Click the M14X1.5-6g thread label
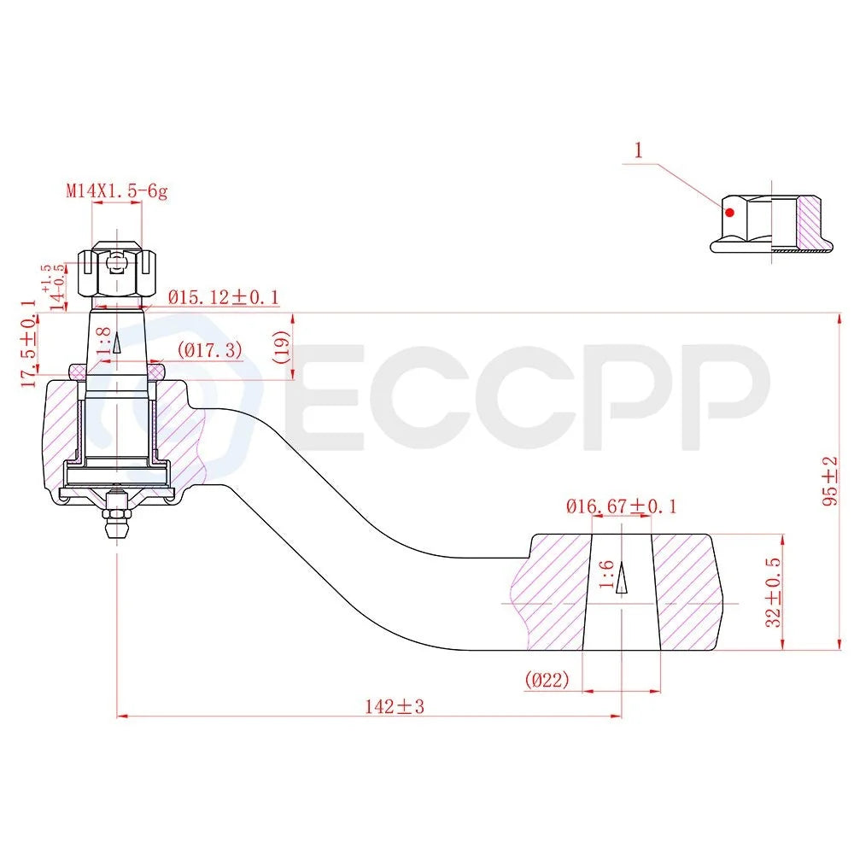[x=116, y=190]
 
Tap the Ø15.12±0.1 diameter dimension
[x=223, y=297]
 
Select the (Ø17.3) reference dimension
[x=210, y=349]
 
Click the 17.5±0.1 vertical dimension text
[x=29, y=343]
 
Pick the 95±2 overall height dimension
[x=830, y=481]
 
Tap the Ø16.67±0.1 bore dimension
[x=622, y=506]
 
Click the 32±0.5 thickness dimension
[x=774, y=592]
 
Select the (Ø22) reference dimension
[x=547, y=679]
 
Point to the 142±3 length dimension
[x=395, y=706]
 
